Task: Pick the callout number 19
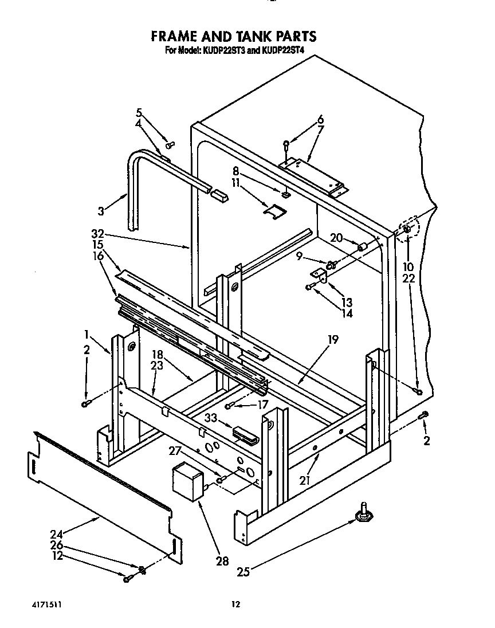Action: [x=333, y=340]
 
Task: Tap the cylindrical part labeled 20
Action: [x=362, y=247]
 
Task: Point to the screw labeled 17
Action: [x=229, y=406]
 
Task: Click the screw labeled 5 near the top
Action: [x=170, y=144]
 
